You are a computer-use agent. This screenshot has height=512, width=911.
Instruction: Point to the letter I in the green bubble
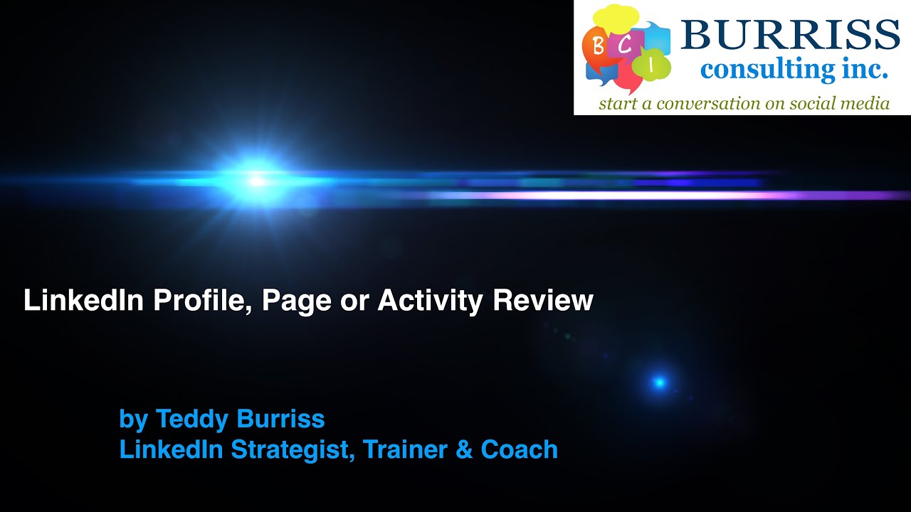coord(652,65)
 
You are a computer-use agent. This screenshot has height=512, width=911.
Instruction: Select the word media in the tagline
coord(866,104)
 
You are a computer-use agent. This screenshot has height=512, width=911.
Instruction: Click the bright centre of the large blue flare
coord(256,181)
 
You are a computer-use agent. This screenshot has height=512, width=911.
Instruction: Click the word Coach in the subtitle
coord(520,449)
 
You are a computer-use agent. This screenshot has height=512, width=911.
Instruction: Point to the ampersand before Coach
coord(464,449)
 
